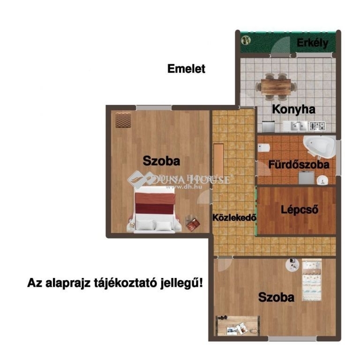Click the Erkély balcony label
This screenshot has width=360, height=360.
pyautogui.click(x=312, y=43)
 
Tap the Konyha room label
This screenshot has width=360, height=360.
pyautogui.click(x=293, y=109)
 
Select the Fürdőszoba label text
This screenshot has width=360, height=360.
pyautogui.click(x=299, y=165)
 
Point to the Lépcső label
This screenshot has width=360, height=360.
pyautogui.click(x=300, y=210)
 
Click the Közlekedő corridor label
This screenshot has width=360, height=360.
pyautogui.click(x=234, y=217)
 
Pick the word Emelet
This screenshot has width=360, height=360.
pyautogui.click(x=186, y=68)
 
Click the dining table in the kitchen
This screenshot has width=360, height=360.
pyautogui.click(x=276, y=87)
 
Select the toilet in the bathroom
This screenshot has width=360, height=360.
pyautogui.click(x=263, y=148)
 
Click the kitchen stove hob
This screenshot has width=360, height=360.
pyautogui.click(x=317, y=126)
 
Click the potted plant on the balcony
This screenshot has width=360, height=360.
pyautogui.click(x=246, y=41)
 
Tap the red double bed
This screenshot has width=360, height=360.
pyautogui.click(x=154, y=210)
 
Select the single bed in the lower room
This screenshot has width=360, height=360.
pyautogui.click(x=312, y=280)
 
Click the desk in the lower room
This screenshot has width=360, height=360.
pyautogui.click(x=238, y=326)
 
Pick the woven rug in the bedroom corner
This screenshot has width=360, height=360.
pyautogui.click(x=123, y=120)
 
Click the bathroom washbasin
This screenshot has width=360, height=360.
pyautogui.click(x=322, y=180)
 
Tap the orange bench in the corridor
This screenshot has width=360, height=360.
pyautogui.click(x=218, y=159)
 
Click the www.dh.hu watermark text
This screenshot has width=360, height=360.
pyautogui.click(x=184, y=187)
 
